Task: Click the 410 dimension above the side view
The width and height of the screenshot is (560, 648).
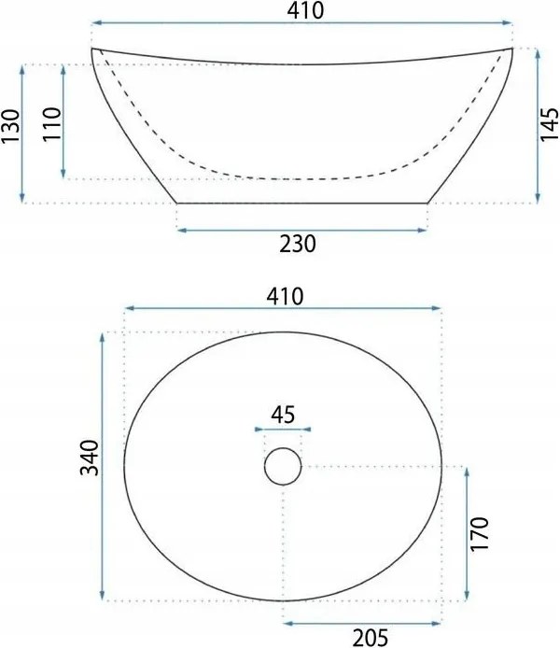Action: [x=305, y=11]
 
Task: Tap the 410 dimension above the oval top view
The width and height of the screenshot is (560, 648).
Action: [x=285, y=296]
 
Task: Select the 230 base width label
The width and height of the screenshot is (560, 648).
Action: [x=298, y=244]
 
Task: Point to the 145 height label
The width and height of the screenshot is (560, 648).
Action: [x=549, y=125]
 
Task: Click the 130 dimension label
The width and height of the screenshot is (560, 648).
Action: [x=10, y=126]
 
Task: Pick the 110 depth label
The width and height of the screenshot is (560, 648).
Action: [x=52, y=124]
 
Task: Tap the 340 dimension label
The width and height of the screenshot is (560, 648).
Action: [x=90, y=458]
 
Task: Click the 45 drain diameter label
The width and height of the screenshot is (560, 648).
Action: [x=283, y=415]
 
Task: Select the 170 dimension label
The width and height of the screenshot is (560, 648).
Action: [x=480, y=533]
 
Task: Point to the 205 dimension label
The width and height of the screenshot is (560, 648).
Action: [x=371, y=637]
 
